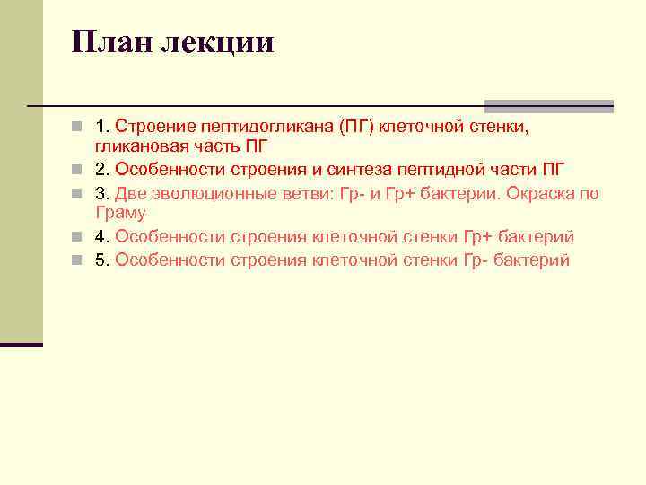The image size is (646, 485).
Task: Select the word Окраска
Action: coord(540,193)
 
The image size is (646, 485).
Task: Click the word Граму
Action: coord(120,214)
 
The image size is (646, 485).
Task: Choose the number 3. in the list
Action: coord(102,193)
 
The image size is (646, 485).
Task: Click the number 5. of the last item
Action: coord(102,260)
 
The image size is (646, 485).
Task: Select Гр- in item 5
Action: coord(477,260)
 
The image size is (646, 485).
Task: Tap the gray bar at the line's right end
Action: coord(548,105)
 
